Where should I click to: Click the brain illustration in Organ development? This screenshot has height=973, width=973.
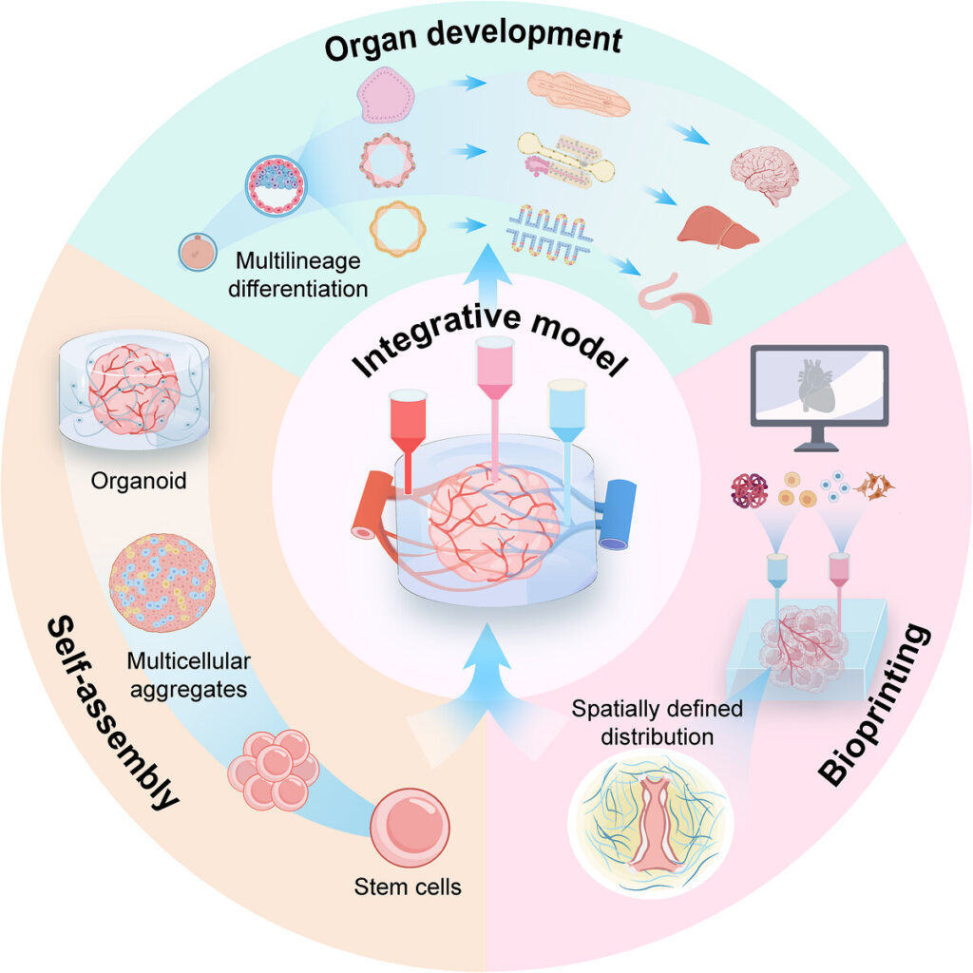pos(764,175)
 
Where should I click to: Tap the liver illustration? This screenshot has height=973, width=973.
pos(717,227)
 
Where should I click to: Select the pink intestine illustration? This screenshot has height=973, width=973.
pos(676,299)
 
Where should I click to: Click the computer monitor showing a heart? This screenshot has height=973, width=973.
pos(819,397)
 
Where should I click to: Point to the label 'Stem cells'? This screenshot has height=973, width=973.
pos(408,887)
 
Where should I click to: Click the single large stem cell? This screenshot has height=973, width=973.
pos(410,828)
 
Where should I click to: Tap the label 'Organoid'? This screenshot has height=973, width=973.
pos(139,480)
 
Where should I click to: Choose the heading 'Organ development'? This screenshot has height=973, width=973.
pos(473,38)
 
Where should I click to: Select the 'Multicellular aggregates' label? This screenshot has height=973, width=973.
pos(189,676)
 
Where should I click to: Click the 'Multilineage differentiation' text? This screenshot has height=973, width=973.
pos(297,275)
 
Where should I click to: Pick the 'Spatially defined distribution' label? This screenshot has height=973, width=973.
pos(658,722)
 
